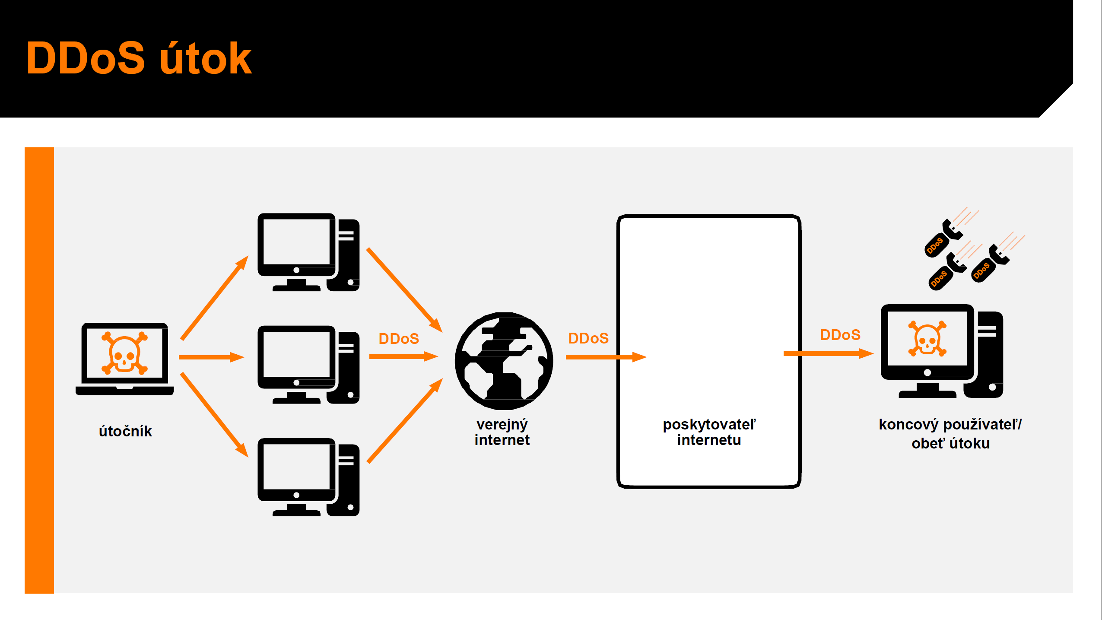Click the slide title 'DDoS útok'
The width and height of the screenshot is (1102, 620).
click(139, 58)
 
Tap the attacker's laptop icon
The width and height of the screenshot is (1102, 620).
click(124, 359)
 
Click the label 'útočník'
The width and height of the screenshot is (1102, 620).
click(125, 431)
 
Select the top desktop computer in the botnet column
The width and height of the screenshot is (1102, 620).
click(308, 252)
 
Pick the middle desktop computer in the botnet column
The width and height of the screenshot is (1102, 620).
click(308, 365)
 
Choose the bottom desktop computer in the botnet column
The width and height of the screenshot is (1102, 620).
click(308, 477)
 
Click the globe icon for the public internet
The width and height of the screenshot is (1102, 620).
click(504, 361)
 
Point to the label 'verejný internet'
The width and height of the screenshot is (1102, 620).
click(502, 432)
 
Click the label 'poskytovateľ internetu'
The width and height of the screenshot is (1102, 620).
click(709, 432)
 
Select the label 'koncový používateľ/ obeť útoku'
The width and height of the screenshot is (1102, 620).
click(950, 434)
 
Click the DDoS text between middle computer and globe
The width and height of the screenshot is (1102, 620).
click(399, 339)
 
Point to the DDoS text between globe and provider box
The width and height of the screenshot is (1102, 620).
click(588, 338)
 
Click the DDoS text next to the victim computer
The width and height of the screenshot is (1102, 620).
click(840, 335)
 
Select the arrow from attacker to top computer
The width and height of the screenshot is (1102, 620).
click(214, 298)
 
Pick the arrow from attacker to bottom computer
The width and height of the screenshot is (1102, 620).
click(214, 415)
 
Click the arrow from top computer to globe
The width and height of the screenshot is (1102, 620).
click(404, 290)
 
